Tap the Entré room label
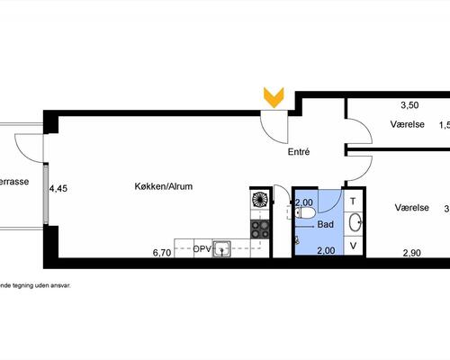[299, 152]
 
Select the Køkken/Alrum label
[163, 187]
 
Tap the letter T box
[354, 202]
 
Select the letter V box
[354, 245]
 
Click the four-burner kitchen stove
[259, 228]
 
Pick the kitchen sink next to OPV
[221, 248]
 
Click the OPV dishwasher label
[202, 247]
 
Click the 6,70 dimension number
[162, 254]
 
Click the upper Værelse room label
[408, 124]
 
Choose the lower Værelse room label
[411, 208]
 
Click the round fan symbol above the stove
[259, 200]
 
